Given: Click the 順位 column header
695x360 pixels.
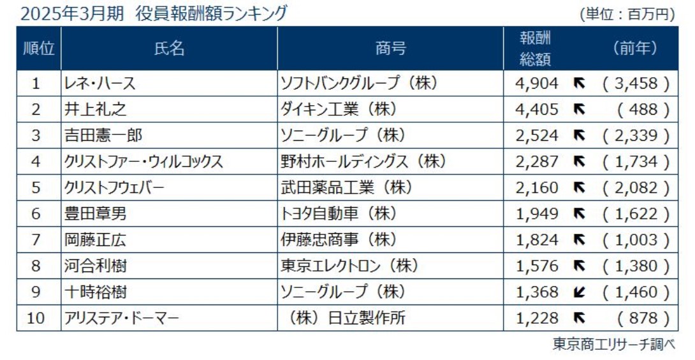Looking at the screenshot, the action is pyautogui.click(x=38, y=48).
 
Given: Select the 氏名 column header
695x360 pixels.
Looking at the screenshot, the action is pyautogui.click(x=170, y=48).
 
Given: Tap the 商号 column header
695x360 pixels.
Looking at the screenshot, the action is pyautogui.click(x=390, y=48).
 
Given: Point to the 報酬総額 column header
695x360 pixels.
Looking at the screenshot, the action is pyautogui.click(x=535, y=48).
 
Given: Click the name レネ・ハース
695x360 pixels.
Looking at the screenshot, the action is pyautogui.click(x=99, y=83).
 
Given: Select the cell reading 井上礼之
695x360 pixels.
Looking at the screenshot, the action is pyautogui.click(x=95, y=110).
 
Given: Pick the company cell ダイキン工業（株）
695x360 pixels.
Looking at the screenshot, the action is pyautogui.click(x=339, y=110).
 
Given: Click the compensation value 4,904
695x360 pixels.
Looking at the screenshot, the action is pyautogui.click(x=537, y=83).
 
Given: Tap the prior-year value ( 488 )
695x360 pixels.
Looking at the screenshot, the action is pyautogui.click(x=643, y=110).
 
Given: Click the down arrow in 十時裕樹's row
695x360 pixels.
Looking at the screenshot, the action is pyautogui.click(x=580, y=292).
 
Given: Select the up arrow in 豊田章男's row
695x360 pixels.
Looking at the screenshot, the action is pyautogui.click(x=580, y=214).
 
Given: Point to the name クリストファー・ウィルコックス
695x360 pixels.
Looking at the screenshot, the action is pyautogui.click(x=143, y=162).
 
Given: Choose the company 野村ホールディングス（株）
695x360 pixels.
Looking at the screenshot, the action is pyautogui.click(x=363, y=162).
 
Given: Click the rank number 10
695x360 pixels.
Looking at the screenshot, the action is pyautogui.click(x=36, y=318).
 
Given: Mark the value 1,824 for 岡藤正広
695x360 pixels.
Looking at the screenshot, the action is pyautogui.click(x=537, y=240).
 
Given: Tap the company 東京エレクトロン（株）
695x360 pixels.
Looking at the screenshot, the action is pyautogui.click(x=349, y=266).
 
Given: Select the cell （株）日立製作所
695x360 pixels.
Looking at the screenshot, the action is pyautogui.click(x=346, y=318).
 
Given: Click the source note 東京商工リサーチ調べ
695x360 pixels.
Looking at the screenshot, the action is pyautogui.click(x=613, y=344).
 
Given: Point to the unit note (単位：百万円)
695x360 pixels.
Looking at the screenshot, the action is pyautogui.click(x=627, y=14).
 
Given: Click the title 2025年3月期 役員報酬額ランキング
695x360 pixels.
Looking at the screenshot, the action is pyautogui.click(x=154, y=13).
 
